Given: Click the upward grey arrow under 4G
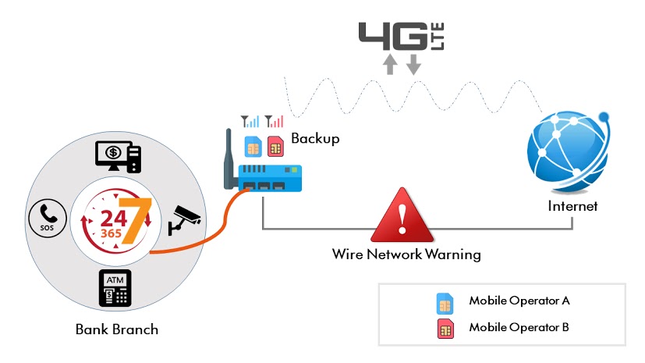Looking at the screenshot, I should point(391,65).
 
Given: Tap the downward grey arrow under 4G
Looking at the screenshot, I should point(413,65).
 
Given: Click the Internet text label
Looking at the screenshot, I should point(573,206).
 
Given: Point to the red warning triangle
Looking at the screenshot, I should point(402,219).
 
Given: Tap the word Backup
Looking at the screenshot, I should point(315,139).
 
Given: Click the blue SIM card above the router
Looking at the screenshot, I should point(253,146).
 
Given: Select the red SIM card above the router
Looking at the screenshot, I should point(275,146).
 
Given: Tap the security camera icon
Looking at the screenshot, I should point(185,219).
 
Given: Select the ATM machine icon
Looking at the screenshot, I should point(116,287).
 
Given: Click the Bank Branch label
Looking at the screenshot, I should point(117,329).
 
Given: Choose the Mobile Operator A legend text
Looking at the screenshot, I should point(519,301).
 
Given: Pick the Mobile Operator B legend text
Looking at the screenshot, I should point(519,327).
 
